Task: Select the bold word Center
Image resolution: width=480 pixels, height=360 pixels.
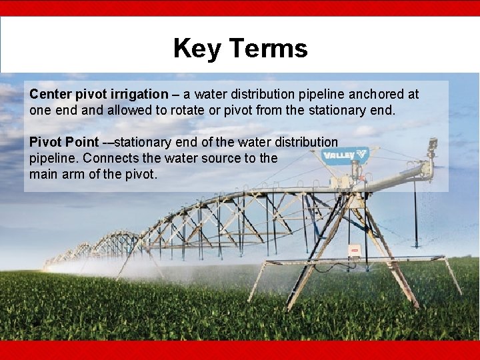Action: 49,94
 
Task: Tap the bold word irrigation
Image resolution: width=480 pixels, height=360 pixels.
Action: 137,94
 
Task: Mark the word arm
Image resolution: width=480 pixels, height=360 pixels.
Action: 73,174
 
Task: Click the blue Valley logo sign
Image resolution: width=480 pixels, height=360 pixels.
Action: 345,155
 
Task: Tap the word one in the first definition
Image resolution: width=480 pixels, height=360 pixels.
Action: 39,110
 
